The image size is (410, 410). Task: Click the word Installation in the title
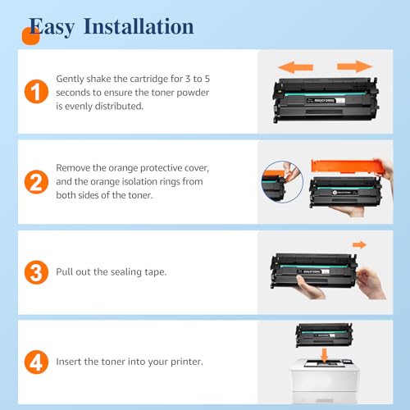point(139,26)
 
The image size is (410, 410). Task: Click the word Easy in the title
point(52,27)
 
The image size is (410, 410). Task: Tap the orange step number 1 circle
point(36,92)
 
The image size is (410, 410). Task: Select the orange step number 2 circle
point(36,182)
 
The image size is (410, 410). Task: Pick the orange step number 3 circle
point(36,272)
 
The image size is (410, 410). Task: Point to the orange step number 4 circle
point(36,362)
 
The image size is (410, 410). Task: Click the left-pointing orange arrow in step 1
point(295,67)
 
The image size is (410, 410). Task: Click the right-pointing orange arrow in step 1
point(354,66)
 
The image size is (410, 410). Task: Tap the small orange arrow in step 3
point(359,244)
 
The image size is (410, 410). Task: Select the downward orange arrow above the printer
point(325,356)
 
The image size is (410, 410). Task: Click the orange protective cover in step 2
point(348,166)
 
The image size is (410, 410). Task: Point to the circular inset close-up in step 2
point(282,182)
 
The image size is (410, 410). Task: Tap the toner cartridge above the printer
point(324,335)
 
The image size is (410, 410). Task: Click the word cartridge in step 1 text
point(148,79)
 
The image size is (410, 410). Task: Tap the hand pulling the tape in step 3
point(371,283)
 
